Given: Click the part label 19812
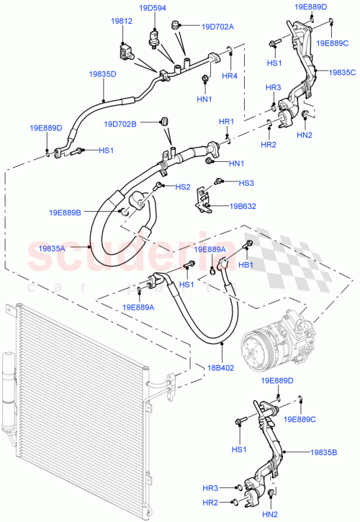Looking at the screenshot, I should tap(121, 22).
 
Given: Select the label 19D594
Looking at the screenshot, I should tap(153, 9).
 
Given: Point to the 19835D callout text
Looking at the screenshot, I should tap(103, 74).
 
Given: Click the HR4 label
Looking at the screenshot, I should tap(229, 76).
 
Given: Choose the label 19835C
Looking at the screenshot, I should tap(343, 73).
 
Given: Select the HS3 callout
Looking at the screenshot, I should tap(247, 183).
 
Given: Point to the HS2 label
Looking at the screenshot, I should tap(183, 187).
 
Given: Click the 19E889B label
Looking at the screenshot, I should tap(65, 212).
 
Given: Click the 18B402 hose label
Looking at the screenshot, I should tap(222, 366).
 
